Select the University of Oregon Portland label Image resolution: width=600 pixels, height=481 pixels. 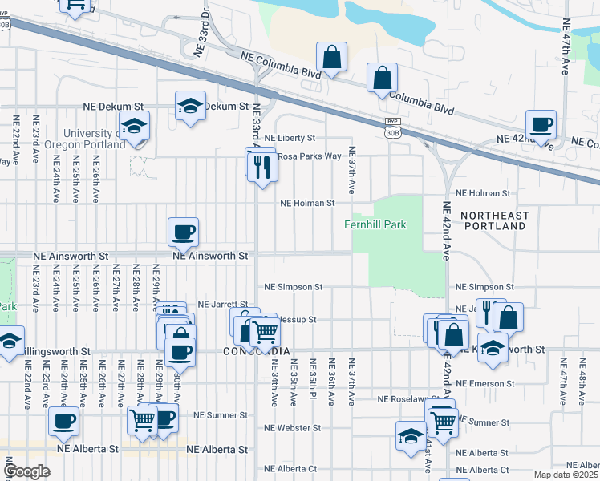click(x=85, y=139)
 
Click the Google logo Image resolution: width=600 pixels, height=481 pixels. click(x=26, y=471)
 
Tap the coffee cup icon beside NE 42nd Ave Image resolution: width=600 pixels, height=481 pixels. click(x=541, y=124)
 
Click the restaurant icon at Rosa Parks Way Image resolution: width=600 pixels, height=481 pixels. click(x=261, y=165)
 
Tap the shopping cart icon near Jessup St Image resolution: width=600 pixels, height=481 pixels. click(x=264, y=330)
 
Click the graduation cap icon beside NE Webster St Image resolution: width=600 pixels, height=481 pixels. click(x=411, y=436)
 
